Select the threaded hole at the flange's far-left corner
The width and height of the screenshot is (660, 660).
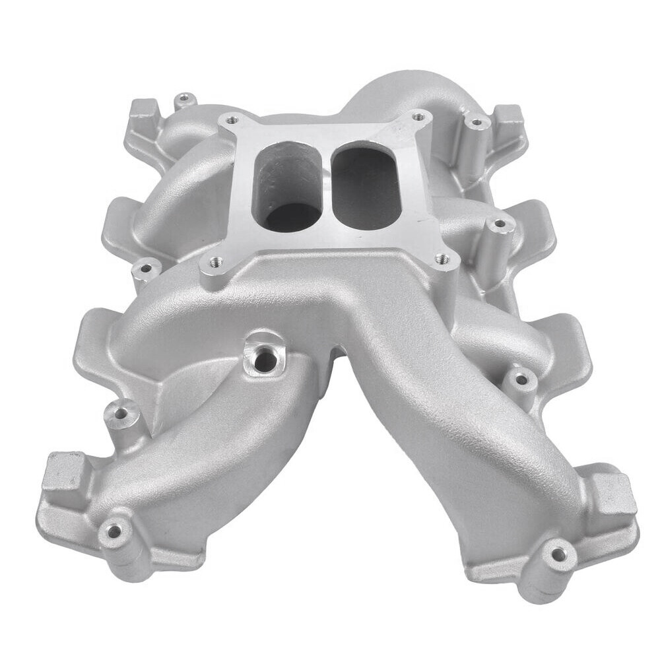click(230, 121)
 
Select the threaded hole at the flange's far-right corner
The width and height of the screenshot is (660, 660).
click(417, 117)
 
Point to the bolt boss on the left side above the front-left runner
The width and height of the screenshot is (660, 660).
click(121, 414)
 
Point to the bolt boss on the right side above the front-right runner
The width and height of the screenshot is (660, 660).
click(521, 379)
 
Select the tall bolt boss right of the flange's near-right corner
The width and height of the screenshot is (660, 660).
click(500, 225)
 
